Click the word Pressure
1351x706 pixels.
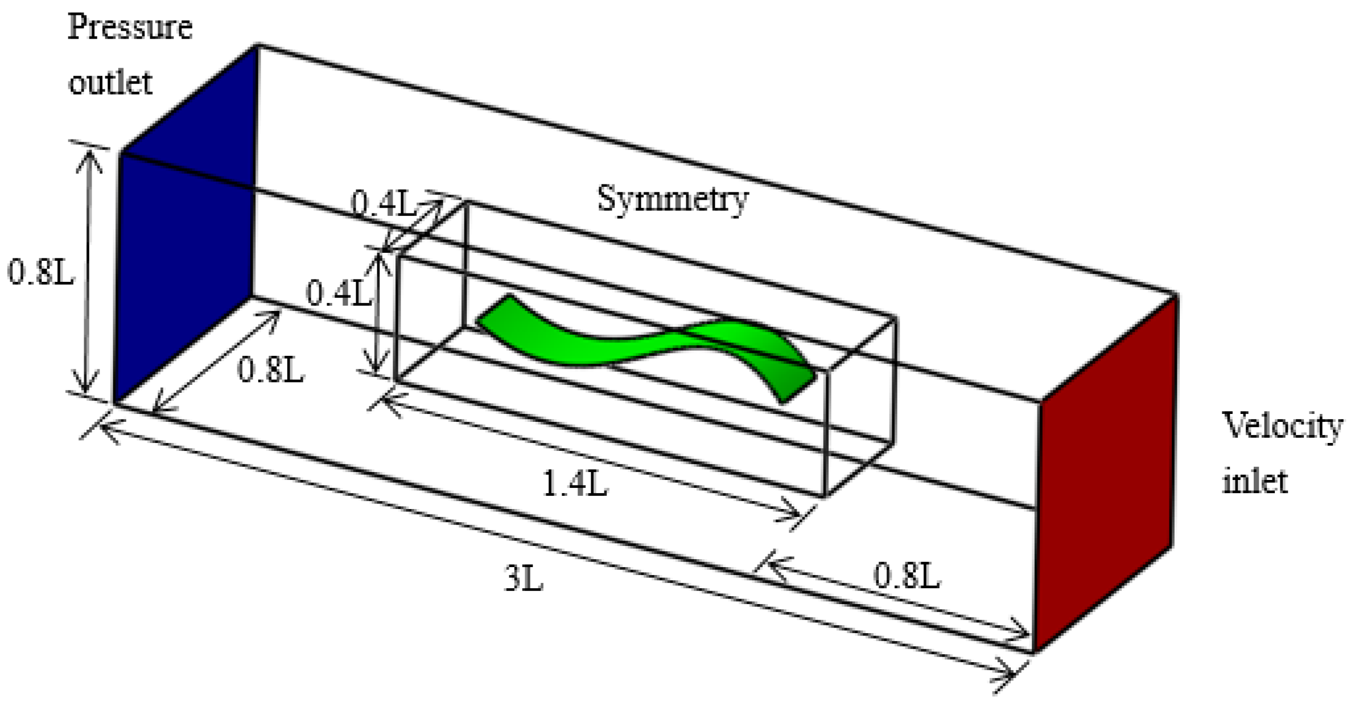coord(130,28)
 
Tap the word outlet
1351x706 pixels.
coord(110,83)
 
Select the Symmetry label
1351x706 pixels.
coord(672,199)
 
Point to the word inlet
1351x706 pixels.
coord(1255,481)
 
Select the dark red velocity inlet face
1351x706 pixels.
coord(1104,473)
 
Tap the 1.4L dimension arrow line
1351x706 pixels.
coord(592,459)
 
